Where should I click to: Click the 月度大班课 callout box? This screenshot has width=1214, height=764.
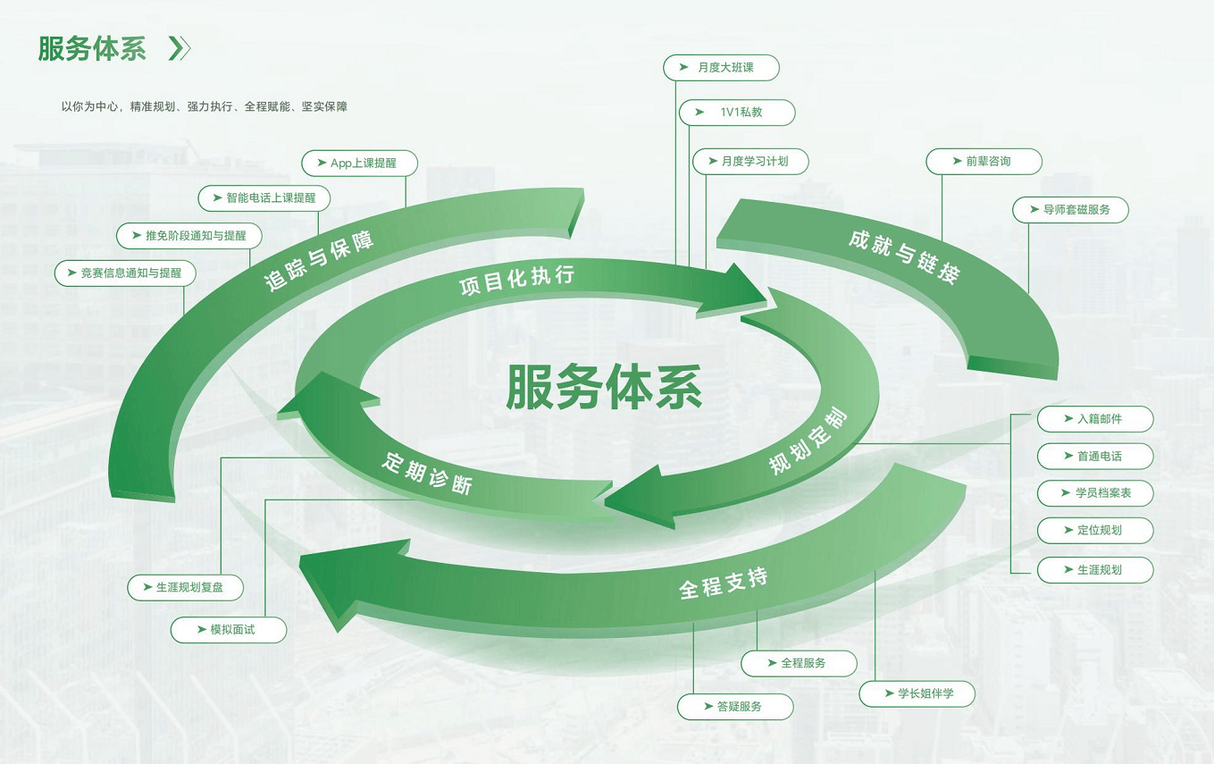coord(721,68)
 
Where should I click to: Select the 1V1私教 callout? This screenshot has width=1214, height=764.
coord(737,113)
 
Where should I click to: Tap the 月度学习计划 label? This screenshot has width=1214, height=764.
coord(750,162)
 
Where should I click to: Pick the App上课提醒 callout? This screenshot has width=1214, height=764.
coord(359,164)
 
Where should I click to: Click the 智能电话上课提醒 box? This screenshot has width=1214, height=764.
coord(264,197)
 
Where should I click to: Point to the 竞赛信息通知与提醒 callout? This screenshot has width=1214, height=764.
coord(125,273)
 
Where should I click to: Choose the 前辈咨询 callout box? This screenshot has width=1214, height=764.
coord(984,162)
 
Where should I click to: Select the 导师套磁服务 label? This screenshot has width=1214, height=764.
coord(1070,210)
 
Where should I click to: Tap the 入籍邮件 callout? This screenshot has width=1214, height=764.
coord(1095,419)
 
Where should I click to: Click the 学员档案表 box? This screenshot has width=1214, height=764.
coord(1095,493)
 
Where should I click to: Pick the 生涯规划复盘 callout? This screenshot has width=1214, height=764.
coord(185,588)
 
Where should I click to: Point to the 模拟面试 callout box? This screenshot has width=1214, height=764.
coord(229,630)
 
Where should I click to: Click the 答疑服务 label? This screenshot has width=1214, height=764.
coord(735,707)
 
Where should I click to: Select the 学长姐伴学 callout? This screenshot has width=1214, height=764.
coord(917,693)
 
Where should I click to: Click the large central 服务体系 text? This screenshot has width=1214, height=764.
coord(604,387)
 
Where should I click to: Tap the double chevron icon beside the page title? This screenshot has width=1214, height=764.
coord(180,48)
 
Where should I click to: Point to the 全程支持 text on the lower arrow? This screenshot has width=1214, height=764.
coord(723,583)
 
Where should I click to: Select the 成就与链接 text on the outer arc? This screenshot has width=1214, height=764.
coord(904,256)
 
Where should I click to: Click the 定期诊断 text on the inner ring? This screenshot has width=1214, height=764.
coord(426,473)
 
